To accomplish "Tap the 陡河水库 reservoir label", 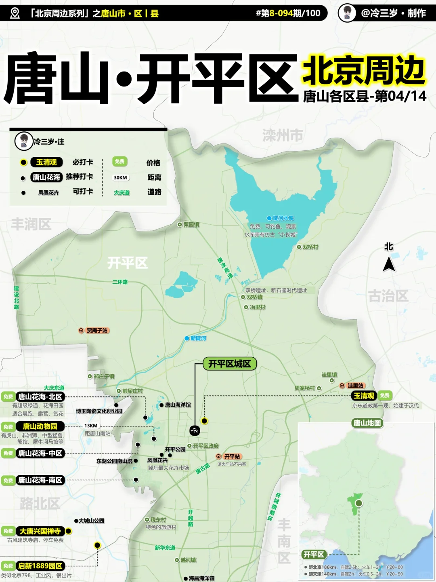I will coord(283,218).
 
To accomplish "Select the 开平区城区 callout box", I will coord(229,364).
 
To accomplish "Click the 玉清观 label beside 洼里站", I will coord(364,396).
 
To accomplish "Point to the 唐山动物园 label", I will coord(40,426).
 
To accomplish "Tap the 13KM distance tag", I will coord(91,426).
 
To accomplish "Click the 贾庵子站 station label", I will coord(97,331).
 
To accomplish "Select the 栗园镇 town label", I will coord(191,225).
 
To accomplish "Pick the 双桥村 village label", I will coord(310,247).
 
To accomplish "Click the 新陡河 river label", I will coord(198,338).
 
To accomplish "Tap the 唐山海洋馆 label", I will coord(178,405).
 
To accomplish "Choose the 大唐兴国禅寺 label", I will coord(40,531).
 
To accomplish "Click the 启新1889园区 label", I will coord(40,566).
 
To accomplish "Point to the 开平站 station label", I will coord(232,456).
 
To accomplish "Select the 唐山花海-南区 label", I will coord(40,480).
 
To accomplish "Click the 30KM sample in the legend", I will coord(120,177).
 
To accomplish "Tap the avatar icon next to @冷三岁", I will coord(347,13).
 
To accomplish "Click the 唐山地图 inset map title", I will coord(367,423).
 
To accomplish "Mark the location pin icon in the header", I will coord(15,13).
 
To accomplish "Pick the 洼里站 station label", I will coord(355,386).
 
